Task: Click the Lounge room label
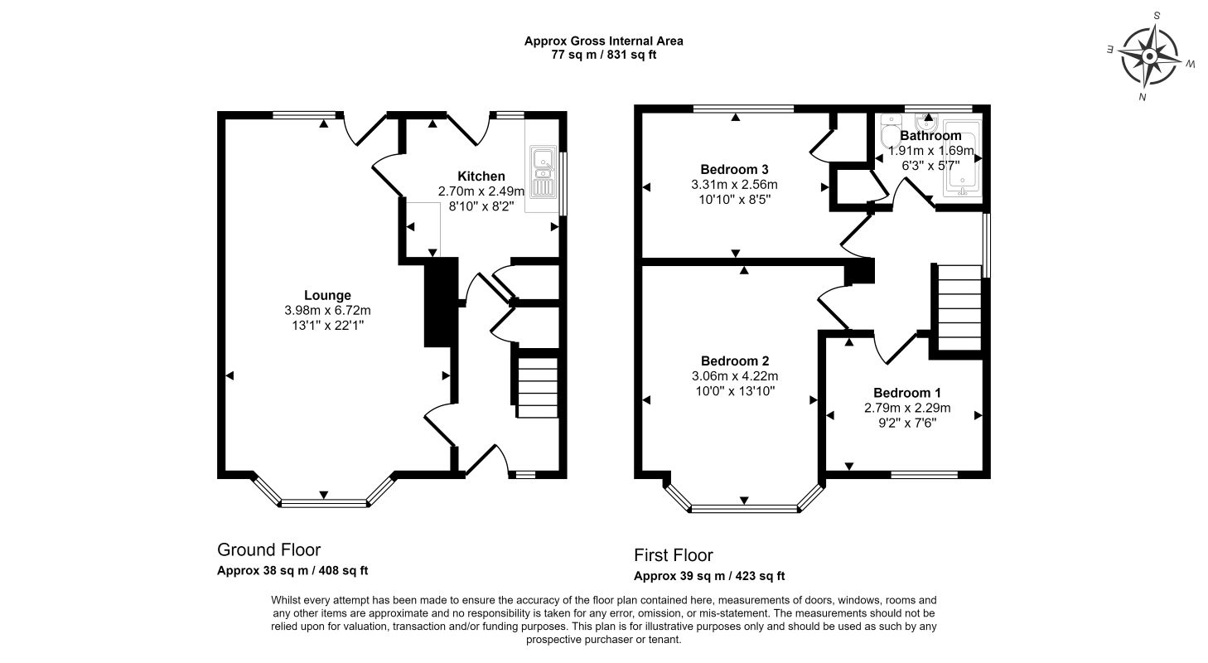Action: (327, 295)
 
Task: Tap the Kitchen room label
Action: (481, 176)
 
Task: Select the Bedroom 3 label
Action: (735, 169)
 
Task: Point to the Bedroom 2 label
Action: (735, 361)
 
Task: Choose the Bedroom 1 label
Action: (907, 393)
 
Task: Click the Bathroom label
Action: (930, 135)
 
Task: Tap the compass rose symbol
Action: (1150, 56)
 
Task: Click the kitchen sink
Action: (543, 171)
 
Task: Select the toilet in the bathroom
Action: (887, 132)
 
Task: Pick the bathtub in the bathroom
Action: (963, 158)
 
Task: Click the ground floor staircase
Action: (537, 387)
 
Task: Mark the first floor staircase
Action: (960, 307)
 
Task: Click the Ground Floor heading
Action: (268, 549)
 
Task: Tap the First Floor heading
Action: (673, 555)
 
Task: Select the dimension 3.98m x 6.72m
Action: (327, 310)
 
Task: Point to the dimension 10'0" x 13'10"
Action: (735, 391)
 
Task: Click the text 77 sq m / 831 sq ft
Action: (603, 55)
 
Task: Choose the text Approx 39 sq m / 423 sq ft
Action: (709, 576)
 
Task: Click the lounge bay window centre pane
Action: (324, 504)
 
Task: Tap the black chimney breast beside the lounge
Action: (441, 302)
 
